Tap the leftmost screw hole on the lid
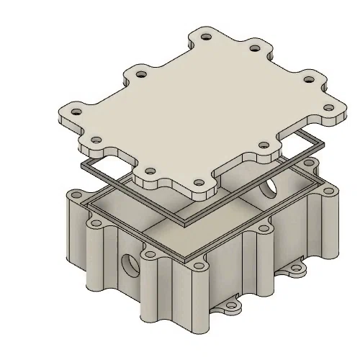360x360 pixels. [74, 112]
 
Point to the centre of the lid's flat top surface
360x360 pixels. [202, 108]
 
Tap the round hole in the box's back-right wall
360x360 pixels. [269, 189]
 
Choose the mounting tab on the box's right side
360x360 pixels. [296, 270]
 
